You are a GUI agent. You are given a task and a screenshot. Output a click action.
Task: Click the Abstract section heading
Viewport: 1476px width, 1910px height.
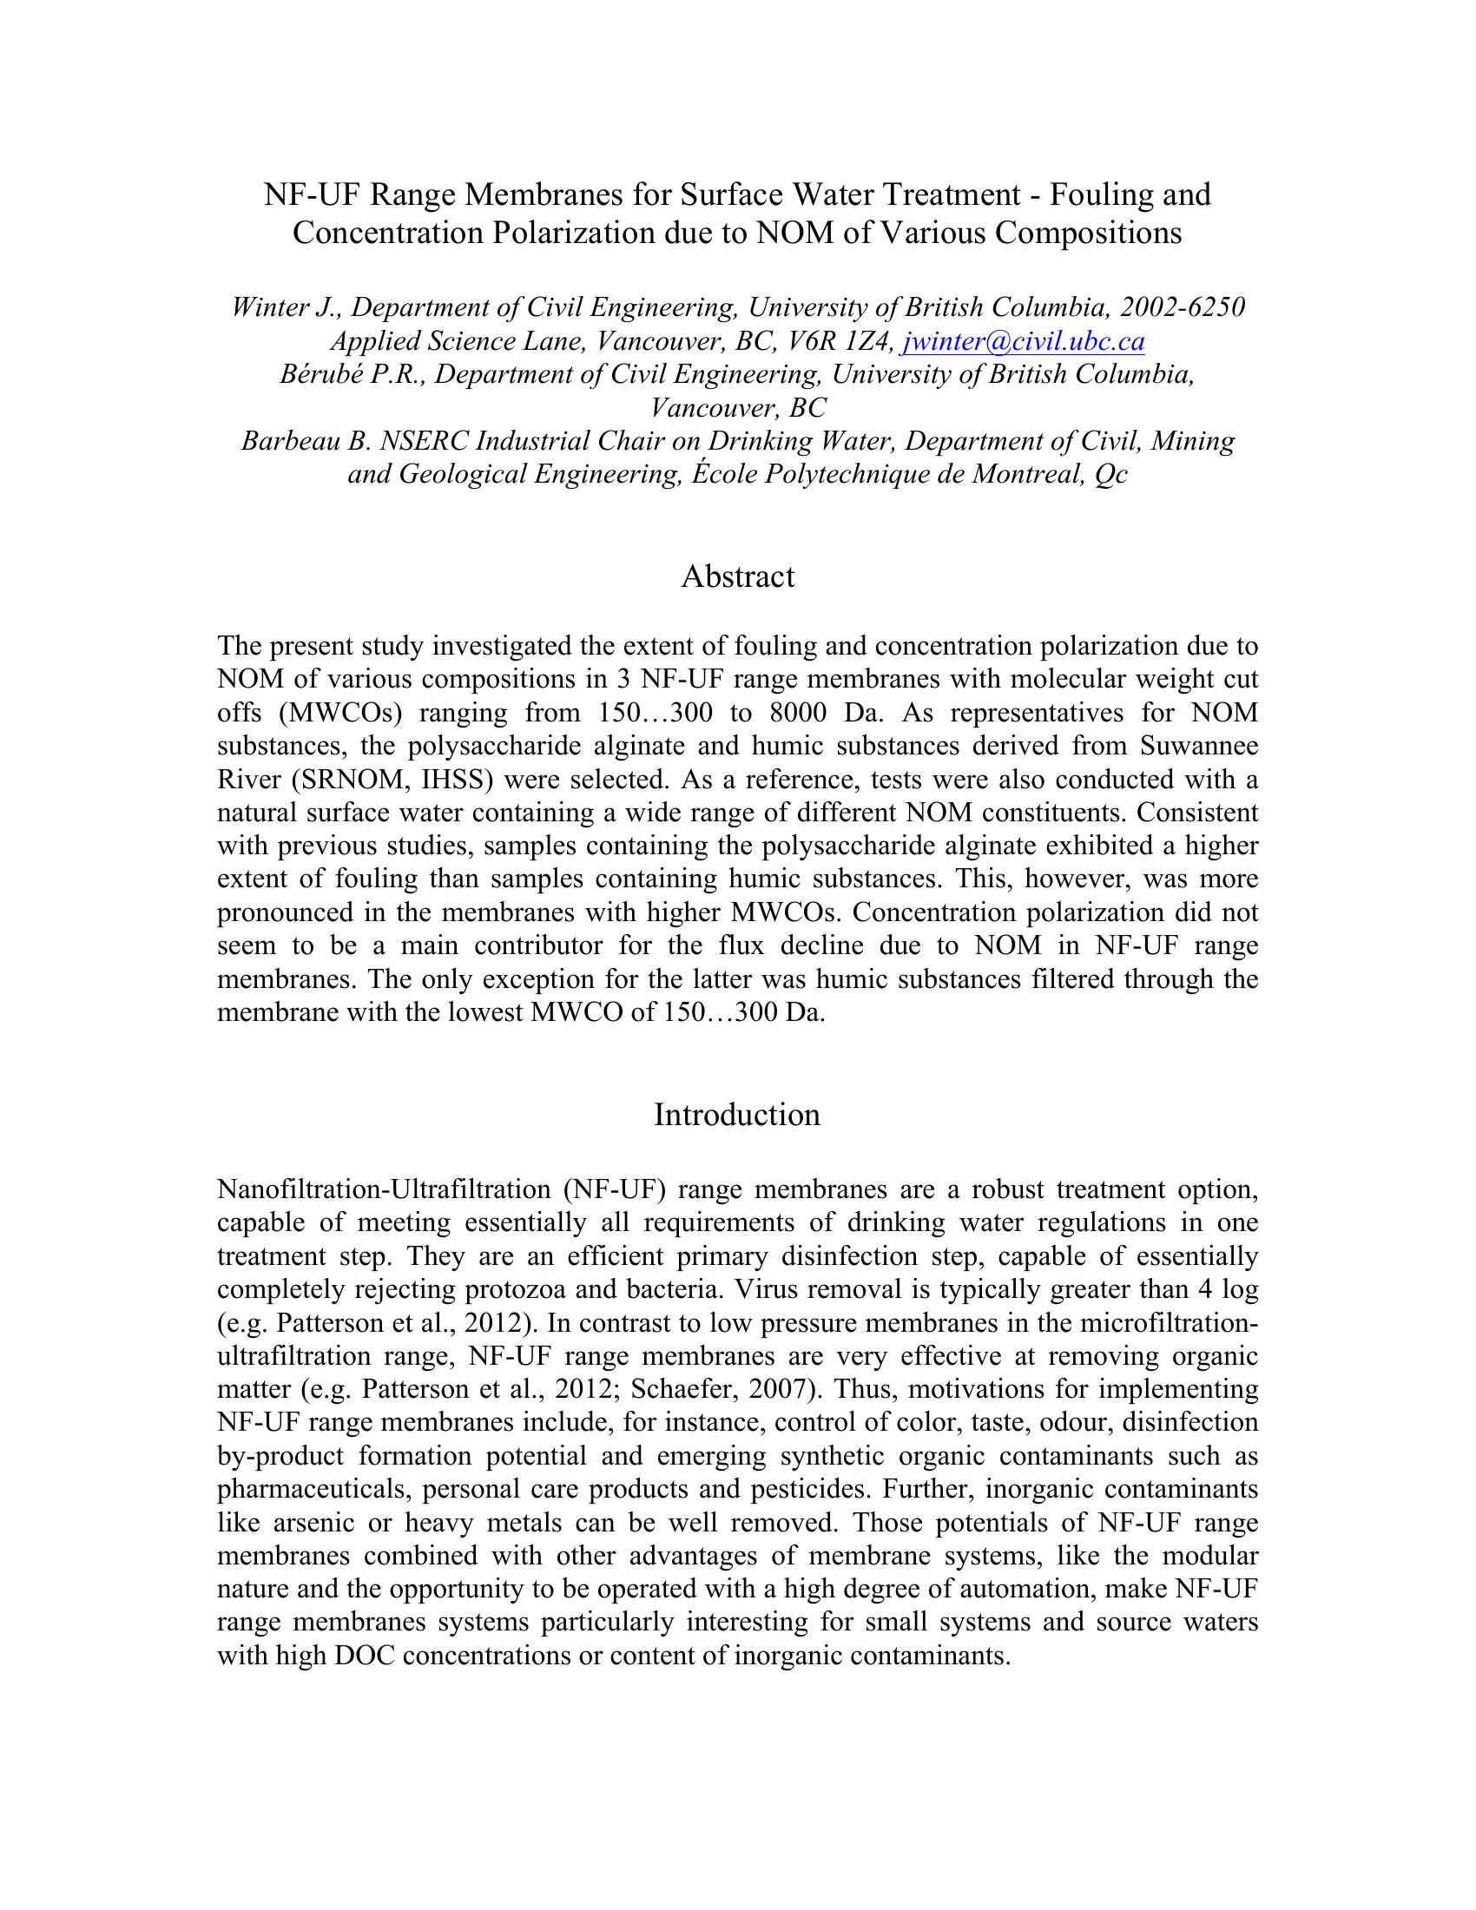[737, 577]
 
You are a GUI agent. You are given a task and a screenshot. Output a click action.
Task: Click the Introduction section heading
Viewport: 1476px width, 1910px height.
[737, 1115]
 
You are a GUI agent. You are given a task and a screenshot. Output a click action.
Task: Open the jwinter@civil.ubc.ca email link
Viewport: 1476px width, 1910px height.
[1022, 341]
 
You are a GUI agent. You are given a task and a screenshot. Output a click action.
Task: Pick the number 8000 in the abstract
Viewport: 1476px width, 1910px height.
[798, 713]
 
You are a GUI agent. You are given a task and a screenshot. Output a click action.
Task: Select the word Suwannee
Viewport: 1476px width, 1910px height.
[1199, 746]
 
